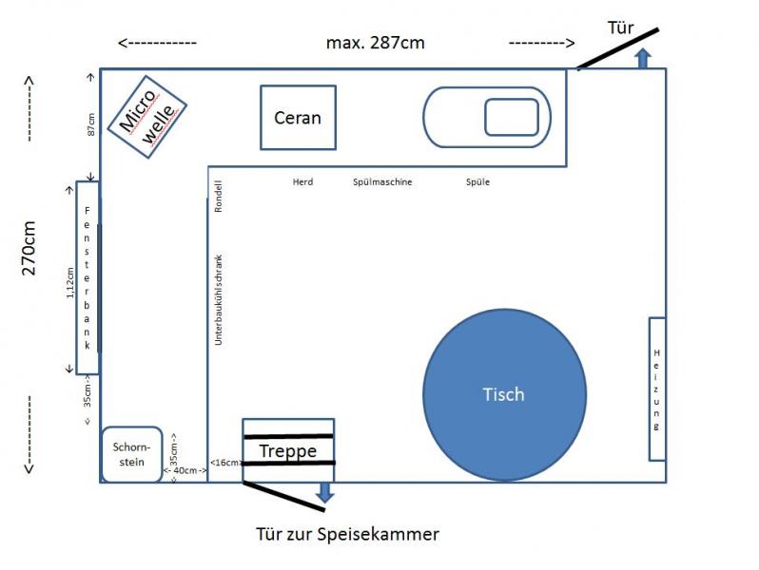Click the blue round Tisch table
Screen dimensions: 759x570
(504, 394)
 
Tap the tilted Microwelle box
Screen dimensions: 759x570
(147, 117)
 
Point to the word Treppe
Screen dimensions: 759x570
(288, 451)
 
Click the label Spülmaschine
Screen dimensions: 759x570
(382, 182)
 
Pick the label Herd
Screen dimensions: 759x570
(303, 182)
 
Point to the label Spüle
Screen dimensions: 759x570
(477, 182)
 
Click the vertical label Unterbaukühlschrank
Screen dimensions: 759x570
(219, 300)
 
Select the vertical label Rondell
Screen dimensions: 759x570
(219, 197)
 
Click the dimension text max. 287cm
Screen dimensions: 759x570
(375, 43)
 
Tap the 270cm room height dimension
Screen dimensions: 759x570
(29, 248)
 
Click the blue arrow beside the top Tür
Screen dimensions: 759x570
(643, 59)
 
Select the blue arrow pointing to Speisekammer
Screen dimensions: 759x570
(324, 492)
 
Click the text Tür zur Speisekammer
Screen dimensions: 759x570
(347, 534)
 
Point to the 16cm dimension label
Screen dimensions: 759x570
(225, 463)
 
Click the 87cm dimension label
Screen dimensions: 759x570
(91, 124)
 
